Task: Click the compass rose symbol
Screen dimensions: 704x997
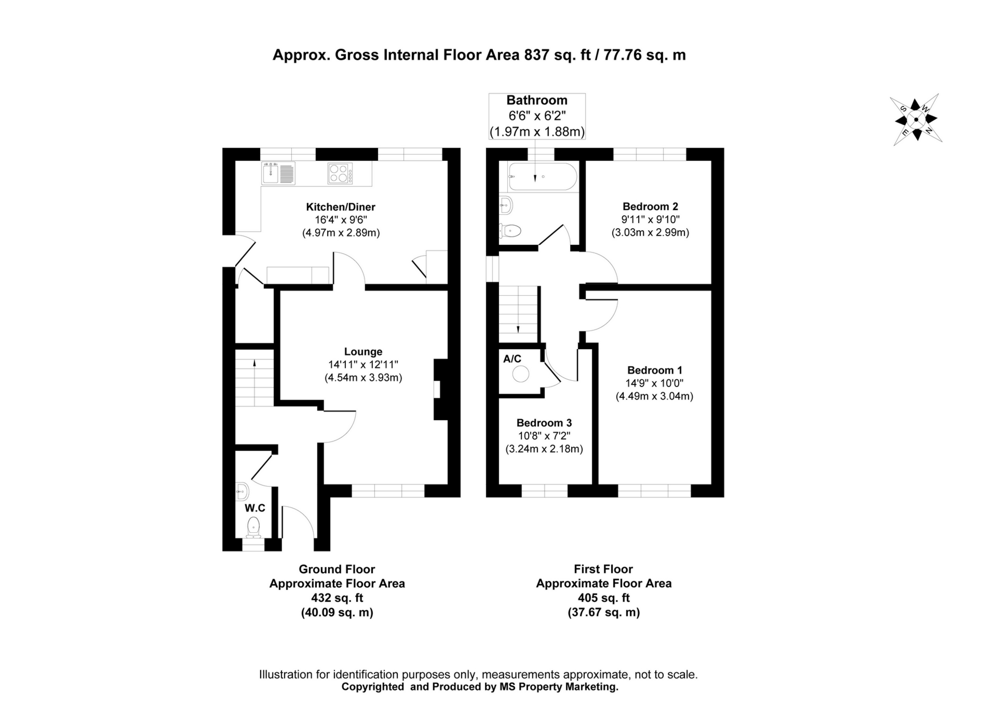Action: [x=916, y=119]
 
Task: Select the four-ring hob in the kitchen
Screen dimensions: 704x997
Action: [x=340, y=173]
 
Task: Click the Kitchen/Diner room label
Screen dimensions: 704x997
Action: [x=340, y=206]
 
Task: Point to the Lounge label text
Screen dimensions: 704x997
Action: [x=363, y=351]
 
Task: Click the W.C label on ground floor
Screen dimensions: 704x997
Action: [x=255, y=507]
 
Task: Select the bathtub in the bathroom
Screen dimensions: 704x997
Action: [x=542, y=177]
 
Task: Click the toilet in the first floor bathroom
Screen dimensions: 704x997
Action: [x=511, y=230]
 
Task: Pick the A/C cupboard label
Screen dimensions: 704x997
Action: [x=512, y=358]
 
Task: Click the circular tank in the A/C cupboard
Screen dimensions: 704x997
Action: [x=520, y=374]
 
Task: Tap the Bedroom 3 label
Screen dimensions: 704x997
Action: [x=544, y=423]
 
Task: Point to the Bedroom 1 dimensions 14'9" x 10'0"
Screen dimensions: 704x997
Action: [x=654, y=383]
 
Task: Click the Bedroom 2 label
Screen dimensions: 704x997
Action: [x=650, y=206]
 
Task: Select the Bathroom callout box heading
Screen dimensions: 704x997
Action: [x=537, y=100]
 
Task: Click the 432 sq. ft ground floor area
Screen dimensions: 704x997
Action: [x=336, y=598]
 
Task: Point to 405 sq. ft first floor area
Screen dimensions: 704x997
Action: [x=603, y=598]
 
